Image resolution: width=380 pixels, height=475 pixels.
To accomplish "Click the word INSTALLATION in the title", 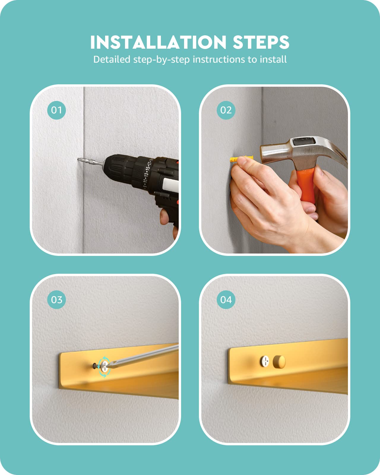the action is [158, 42].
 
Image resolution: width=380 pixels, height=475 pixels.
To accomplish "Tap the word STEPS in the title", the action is [261, 42].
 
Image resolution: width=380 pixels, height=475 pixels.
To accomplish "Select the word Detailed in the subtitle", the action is [112, 59].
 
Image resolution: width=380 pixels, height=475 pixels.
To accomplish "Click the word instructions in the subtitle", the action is [219, 59].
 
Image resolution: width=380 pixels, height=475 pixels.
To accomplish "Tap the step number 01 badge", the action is [56, 110].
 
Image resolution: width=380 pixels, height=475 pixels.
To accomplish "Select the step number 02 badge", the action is [226, 110].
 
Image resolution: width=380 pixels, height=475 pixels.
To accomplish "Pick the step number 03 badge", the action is [56, 300].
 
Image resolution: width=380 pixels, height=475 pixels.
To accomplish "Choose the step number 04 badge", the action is [226, 300].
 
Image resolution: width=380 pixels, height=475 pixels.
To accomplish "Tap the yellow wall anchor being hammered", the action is [241, 159].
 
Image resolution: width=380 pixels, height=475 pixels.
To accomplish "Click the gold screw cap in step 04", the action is [279, 362].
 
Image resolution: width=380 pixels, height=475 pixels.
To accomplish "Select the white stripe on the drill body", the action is [170, 185].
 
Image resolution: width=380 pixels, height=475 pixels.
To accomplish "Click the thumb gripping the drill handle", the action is [164, 217].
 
